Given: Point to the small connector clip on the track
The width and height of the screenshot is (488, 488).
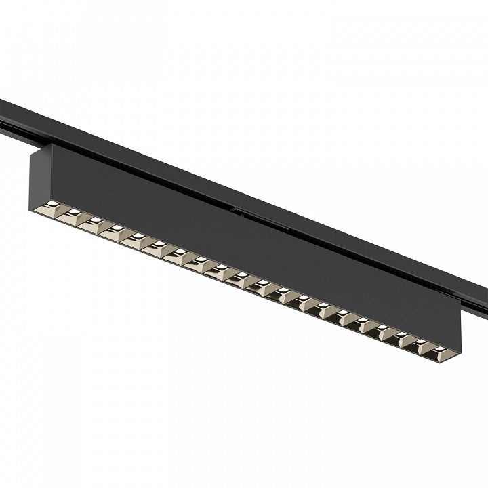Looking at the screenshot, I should [237, 212].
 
